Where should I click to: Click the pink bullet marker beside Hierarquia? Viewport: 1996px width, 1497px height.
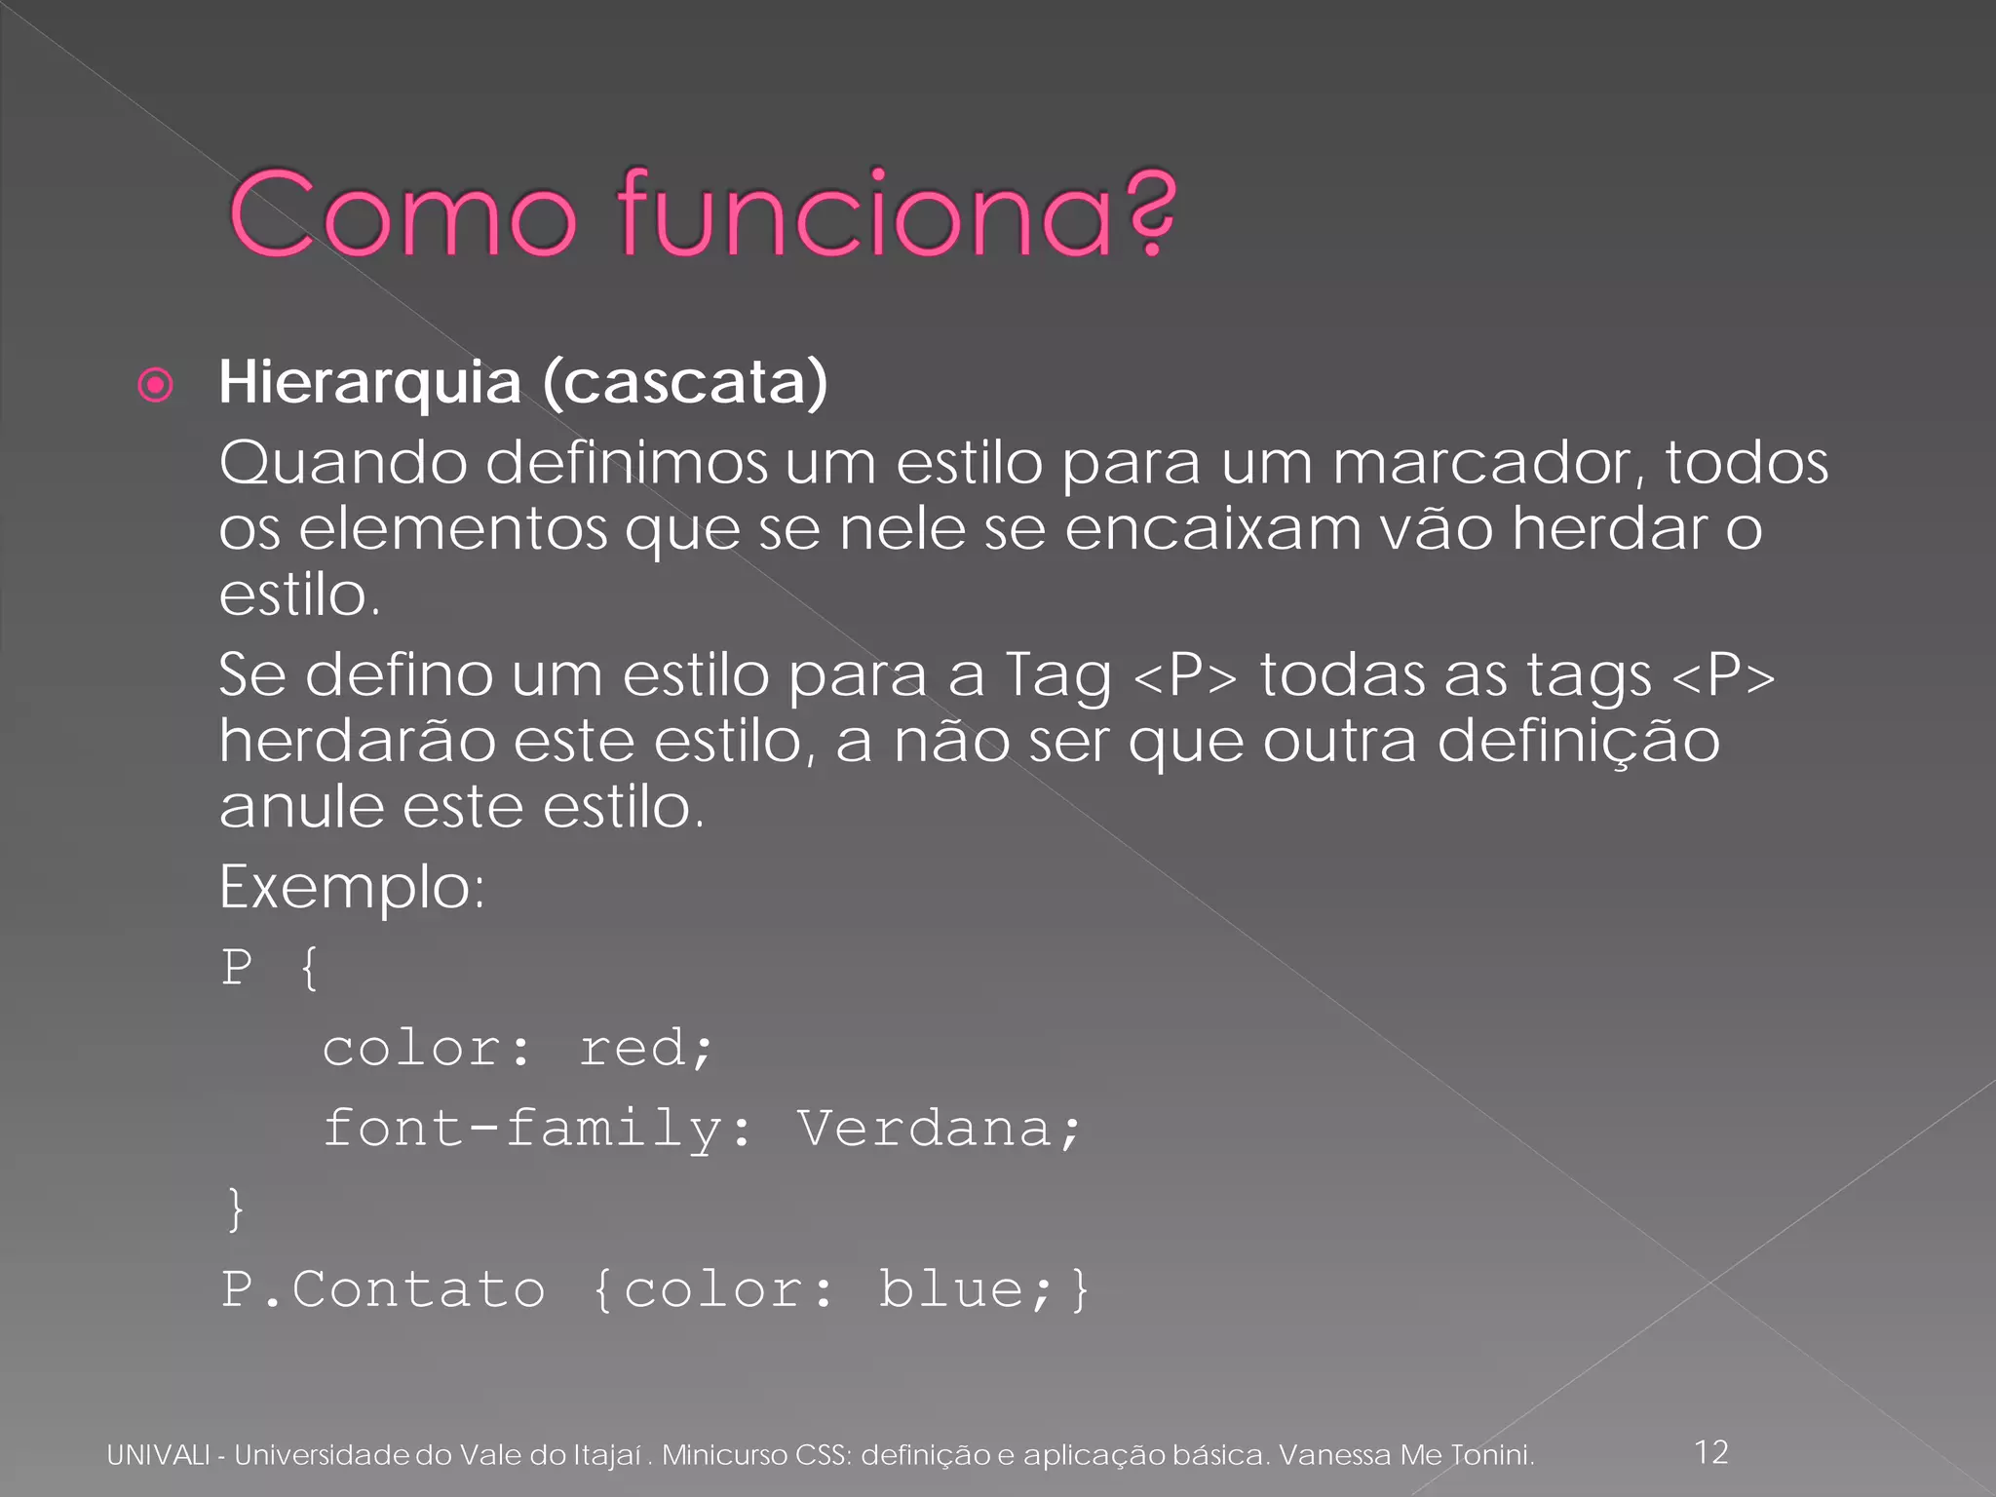point(156,385)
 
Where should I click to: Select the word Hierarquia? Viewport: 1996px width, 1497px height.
point(369,382)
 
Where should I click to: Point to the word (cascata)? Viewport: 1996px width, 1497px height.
point(684,382)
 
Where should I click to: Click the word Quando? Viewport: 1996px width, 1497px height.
point(343,462)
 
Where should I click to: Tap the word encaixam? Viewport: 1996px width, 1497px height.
point(1212,529)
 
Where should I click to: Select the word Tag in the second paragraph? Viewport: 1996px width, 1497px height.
point(1057,675)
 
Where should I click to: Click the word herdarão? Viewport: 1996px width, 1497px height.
point(357,741)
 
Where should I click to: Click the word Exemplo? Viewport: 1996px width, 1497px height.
point(352,888)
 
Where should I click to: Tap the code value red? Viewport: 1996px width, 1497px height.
point(646,1049)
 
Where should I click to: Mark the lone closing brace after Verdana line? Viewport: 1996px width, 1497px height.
point(235,1209)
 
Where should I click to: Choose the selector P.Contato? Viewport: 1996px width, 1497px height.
point(383,1290)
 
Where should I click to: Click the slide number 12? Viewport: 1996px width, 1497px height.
point(1711,1452)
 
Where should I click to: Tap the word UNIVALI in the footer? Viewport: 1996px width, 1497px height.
point(158,1455)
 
